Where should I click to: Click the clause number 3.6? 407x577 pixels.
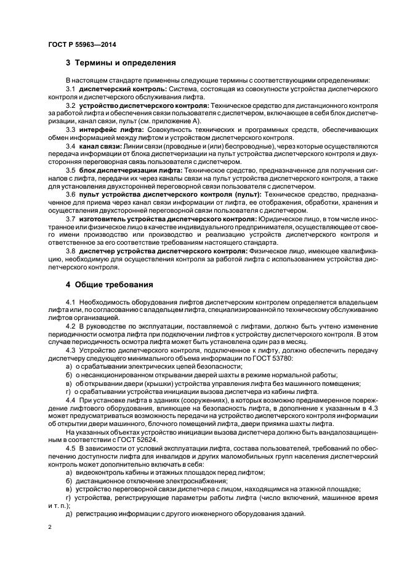click(x=70, y=194)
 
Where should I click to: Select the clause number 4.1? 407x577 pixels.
click(x=70, y=301)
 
